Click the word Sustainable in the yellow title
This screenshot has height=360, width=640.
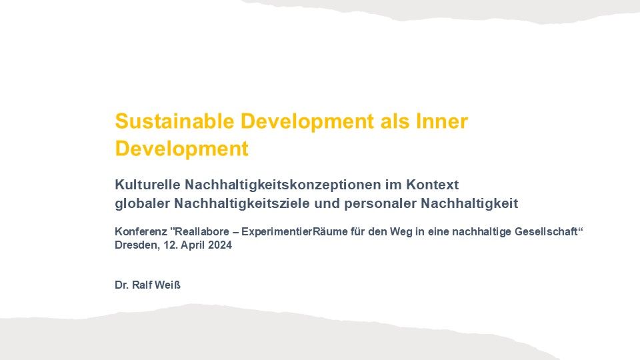click(x=174, y=121)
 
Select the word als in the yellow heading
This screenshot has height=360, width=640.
click(x=395, y=121)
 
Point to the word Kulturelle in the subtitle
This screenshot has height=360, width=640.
click(x=147, y=185)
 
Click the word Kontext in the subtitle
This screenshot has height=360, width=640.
click(x=432, y=185)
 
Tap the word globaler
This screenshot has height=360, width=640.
click(x=143, y=203)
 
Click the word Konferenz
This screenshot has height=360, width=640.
click(x=141, y=231)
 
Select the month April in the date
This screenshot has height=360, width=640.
click(x=193, y=245)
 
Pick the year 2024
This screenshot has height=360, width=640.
click(x=220, y=245)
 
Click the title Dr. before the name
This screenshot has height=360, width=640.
click(x=121, y=285)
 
